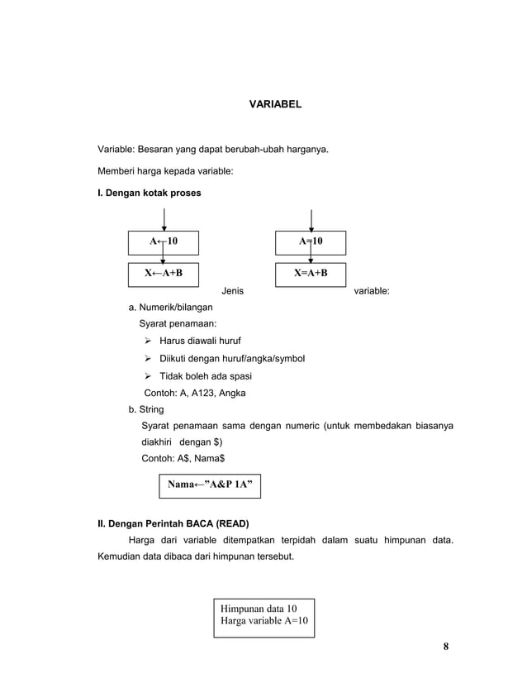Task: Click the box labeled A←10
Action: click(163, 242)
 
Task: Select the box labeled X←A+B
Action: click(163, 274)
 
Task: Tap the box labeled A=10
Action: click(311, 242)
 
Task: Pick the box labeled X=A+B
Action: click(311, 274)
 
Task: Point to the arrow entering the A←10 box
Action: click(164, 219)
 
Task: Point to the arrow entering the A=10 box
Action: click(311, 219)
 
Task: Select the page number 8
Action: click(445, 646)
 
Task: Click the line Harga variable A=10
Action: click(265, 621)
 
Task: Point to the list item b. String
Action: click(145, 409)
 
